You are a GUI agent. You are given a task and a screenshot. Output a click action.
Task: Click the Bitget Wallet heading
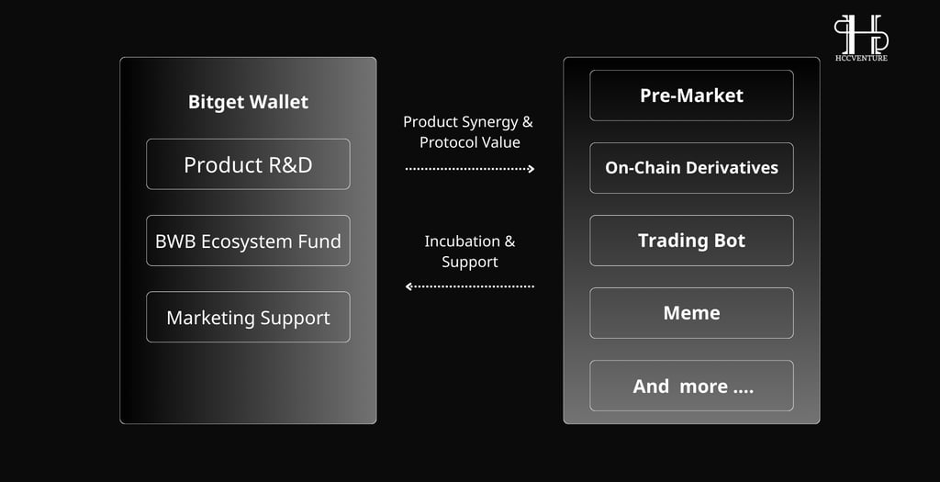point(248,103)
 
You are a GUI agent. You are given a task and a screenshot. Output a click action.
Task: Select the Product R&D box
point(248,164)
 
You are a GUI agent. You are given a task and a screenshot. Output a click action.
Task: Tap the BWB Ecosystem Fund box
point(248,241)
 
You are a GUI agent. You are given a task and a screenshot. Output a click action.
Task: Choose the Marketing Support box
point(248,317)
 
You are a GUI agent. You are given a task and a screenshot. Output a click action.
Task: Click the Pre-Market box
point(692,95)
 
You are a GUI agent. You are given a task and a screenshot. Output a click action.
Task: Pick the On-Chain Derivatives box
point(692,168)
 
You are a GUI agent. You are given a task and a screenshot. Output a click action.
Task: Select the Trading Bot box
point(692,241)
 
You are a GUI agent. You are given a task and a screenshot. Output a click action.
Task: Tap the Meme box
point(692,313)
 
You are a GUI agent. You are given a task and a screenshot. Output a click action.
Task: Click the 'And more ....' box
point(692,386)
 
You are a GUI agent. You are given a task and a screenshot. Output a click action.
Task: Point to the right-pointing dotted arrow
point(470,169)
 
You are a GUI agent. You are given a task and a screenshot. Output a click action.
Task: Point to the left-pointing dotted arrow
point(470,286)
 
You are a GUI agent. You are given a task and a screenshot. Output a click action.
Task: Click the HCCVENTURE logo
point(861,38)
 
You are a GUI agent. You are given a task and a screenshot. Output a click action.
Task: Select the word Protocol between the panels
point(449,142)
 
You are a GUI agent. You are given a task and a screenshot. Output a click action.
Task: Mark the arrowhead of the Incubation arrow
point(408,286)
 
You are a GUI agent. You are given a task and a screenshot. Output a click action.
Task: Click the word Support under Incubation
point(470,263)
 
